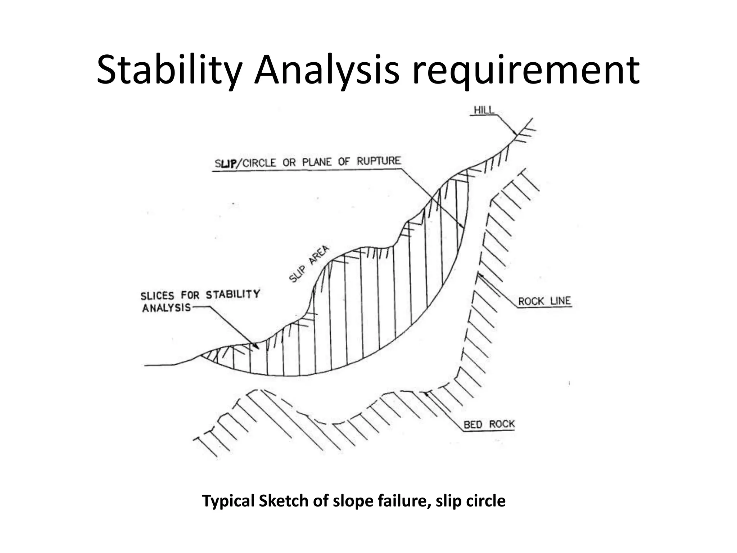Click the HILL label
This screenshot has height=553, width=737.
click(484, 110)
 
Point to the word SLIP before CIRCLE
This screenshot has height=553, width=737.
click(225, 163)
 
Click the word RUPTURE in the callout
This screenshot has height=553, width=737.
click(379, 161)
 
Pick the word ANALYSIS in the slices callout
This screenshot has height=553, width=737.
click(166, 308)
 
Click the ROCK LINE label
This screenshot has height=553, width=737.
click(544, 301)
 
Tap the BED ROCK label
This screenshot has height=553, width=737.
click(489, 424)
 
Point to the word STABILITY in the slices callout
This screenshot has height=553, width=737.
click(232, 295)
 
